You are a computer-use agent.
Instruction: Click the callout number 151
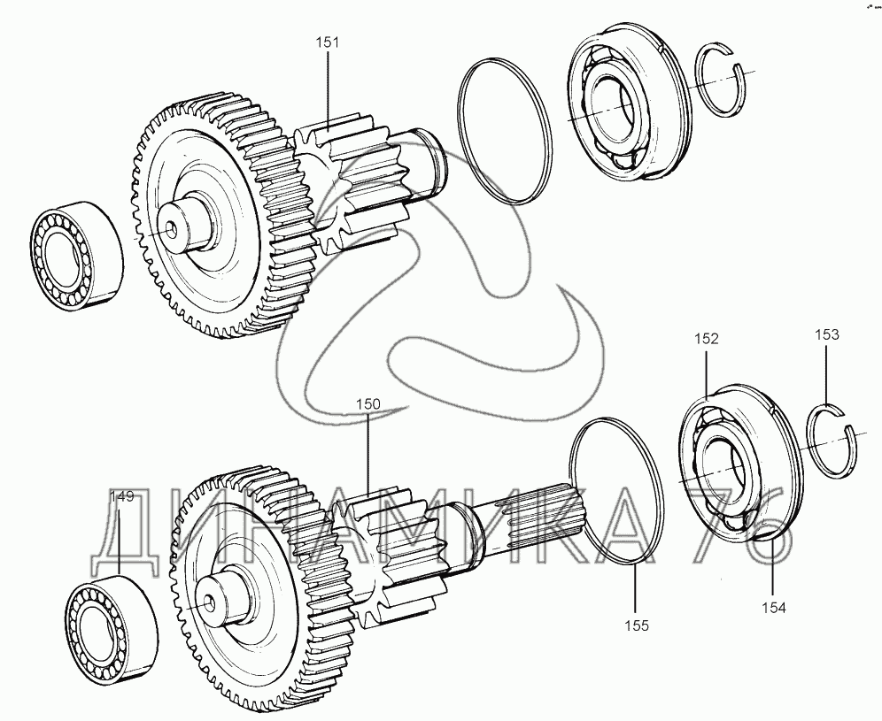[x=327, y=42]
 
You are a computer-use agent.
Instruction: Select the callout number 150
[x=368, y=404]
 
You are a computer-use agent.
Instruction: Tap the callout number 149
[x=121, y=497]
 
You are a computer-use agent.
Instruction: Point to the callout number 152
[x=706, y=339]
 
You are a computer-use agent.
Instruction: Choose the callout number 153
[x=827, y=335]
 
